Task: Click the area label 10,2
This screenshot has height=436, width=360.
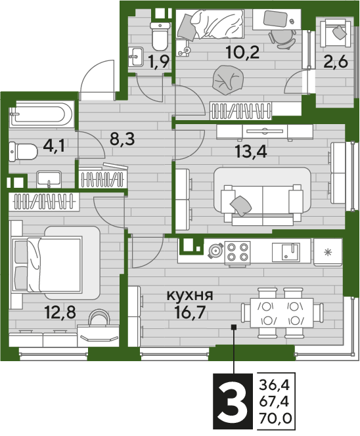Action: (242, 53)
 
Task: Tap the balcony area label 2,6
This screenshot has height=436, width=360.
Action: (336, 61)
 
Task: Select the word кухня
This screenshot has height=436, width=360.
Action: (190, 295)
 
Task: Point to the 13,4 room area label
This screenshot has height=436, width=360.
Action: (251, 152)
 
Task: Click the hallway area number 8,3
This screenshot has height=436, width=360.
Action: (122, 139)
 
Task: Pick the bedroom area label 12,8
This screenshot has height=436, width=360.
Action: (60, 312)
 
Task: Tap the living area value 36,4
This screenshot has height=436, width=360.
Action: (275, 385)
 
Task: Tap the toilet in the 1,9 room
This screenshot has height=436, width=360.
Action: (160, 37)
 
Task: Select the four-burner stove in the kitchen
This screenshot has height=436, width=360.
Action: (237, 252)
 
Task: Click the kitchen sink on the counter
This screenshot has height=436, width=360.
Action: (286, 252)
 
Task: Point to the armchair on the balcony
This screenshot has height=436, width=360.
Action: (335, 33)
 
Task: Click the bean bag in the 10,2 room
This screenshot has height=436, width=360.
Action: (228, 80)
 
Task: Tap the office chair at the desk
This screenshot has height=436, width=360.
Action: (282, 38)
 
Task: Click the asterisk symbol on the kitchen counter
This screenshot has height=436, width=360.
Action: (328, 252)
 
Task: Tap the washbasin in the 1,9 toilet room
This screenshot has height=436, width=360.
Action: (136, 56)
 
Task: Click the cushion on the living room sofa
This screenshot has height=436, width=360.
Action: (240, 206)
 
